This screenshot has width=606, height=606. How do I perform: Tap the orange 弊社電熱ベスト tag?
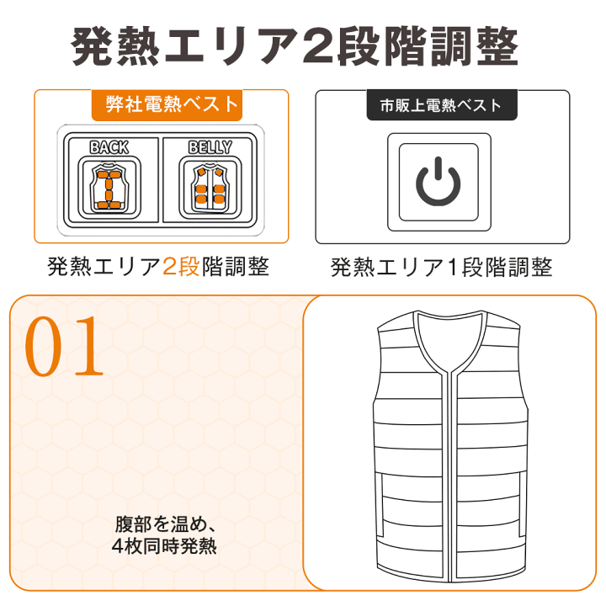click(x=173, y=104)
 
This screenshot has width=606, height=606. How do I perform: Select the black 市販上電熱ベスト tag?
click(x=441, y=105)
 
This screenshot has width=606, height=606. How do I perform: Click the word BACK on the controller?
click(x=109, y=147)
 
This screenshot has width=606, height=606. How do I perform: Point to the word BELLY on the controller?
click(x=210, y=147)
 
